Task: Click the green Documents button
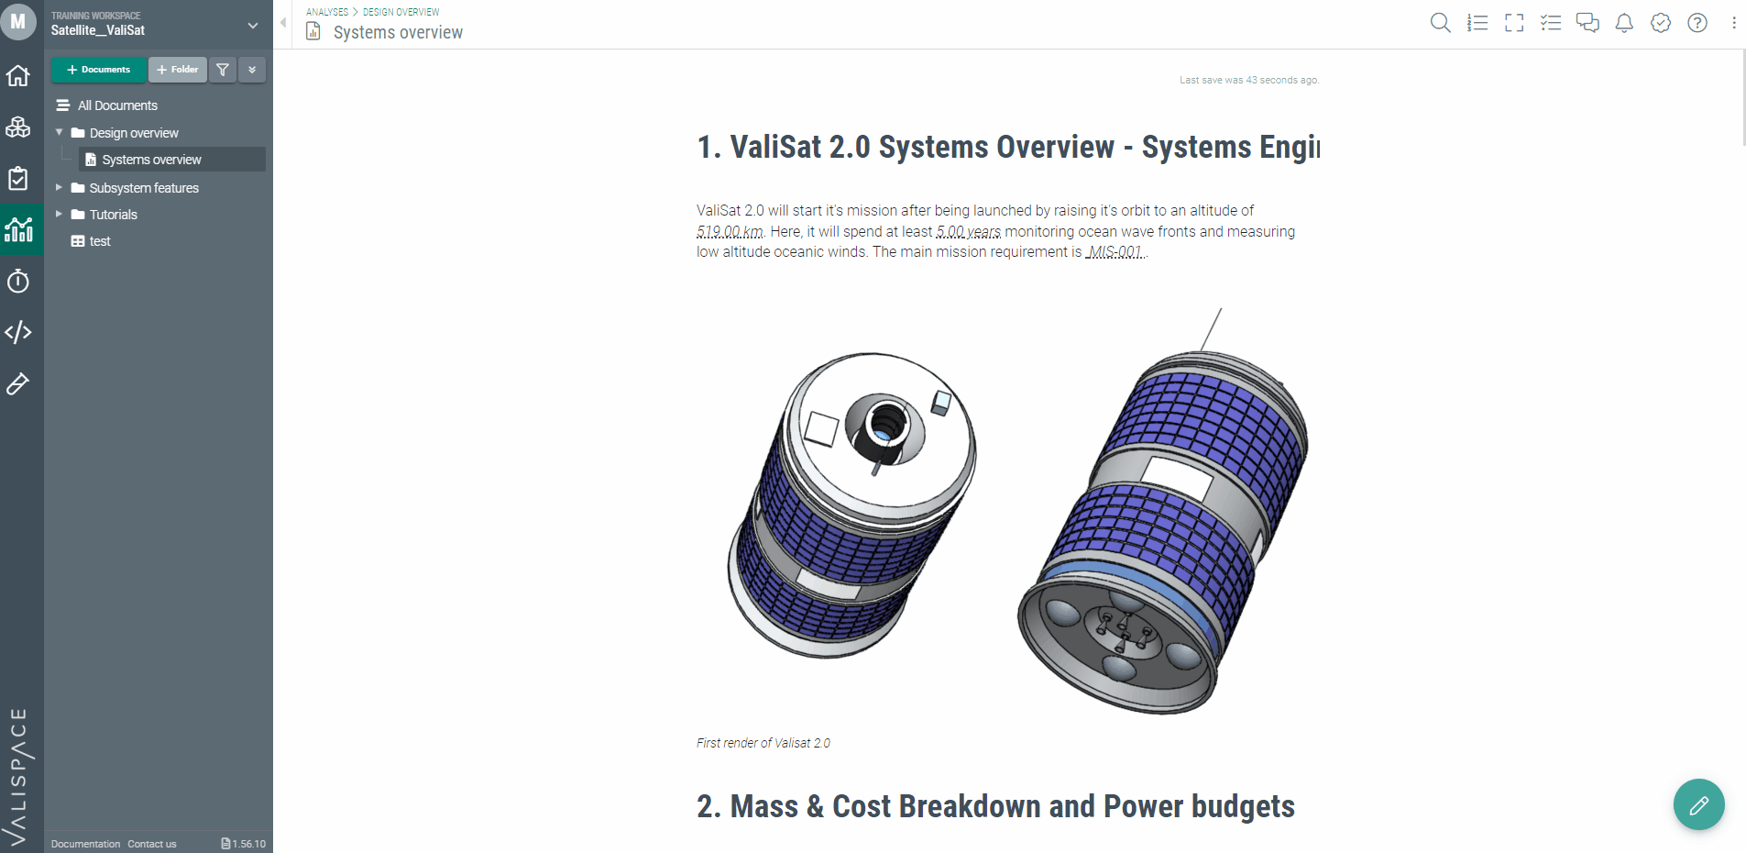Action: (98, 70)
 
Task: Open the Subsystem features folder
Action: (144, 188)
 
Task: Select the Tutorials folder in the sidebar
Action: (113, 215)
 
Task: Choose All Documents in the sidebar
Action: (117, 105)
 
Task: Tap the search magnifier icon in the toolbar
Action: (1440, 23)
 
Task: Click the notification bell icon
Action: (1624, 23)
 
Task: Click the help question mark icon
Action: (1697, 23)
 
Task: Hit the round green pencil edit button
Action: (1698, 804)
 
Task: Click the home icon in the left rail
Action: (18, 75)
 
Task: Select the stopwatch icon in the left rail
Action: (18, 281)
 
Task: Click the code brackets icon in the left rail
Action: (18, 332)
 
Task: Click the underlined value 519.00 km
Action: (730, 231)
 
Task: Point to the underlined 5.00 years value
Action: (969, 231)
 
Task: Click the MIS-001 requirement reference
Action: (1115, 252)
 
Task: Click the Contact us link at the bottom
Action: (152, 844)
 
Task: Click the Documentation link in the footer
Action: (85, 844)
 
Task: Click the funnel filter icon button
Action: (223, 70)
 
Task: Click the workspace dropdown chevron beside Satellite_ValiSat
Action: (253, 26)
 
